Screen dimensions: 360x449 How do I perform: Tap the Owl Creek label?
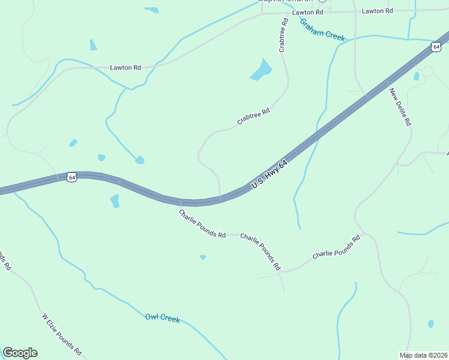click(x=163, y=318)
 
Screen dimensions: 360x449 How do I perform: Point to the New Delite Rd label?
click(x=400, y=107)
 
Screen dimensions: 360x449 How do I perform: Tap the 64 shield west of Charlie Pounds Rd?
click(x=72, y=177)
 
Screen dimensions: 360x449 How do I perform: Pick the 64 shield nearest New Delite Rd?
click(x=436, y=46)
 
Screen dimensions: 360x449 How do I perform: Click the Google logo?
click(x=20, y=353)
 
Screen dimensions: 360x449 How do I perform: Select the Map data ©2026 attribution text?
click(x=424, y=355)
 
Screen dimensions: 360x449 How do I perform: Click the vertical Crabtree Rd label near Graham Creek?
click(x=283, y=35)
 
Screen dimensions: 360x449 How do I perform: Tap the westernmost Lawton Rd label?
click(x=125, y=68)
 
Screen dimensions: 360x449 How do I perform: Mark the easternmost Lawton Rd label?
click(x=378, y=11)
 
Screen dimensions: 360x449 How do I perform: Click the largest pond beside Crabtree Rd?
click(x=261, y=70)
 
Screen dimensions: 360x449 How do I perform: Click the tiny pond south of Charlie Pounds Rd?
click(x=203, y=257)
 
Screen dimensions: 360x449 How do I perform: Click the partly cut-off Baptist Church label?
click(x=286, y=2)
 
